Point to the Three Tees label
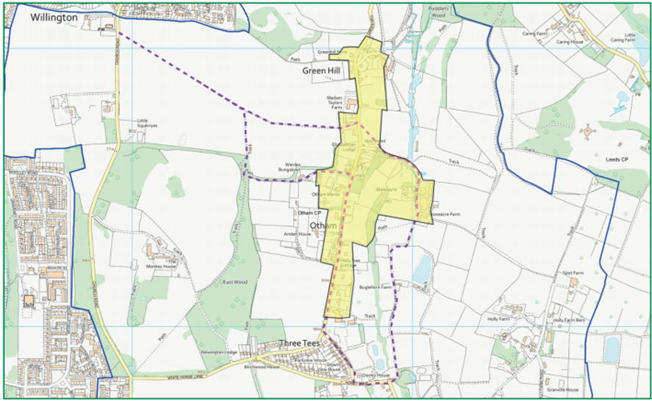(301, 343)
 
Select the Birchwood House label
(263, 365)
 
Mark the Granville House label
(562, 390)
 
